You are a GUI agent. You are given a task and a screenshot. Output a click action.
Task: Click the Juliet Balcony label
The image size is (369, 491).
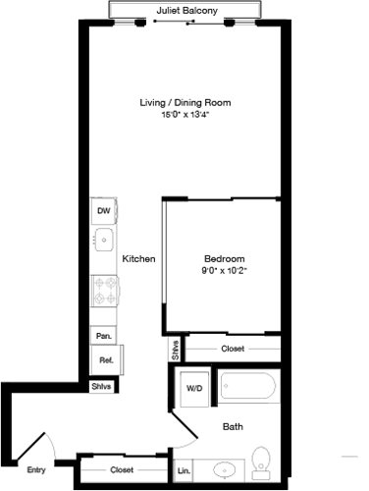[186, 12]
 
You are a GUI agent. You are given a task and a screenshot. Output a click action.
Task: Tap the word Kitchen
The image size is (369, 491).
[138, 259]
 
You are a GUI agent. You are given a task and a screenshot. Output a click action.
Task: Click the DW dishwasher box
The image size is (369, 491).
[103, 210]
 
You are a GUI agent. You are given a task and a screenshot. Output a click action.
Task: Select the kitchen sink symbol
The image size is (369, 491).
[102, 239]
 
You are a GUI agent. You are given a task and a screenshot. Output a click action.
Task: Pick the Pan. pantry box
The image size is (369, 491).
[102, 336]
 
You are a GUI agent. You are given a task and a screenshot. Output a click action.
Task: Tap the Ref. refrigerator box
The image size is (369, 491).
[104, 360]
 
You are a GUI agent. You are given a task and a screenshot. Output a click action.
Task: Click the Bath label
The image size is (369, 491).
[233, 427]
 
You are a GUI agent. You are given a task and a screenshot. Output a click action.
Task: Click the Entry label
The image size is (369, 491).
[36, 469]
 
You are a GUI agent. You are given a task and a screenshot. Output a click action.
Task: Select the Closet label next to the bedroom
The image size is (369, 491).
[233, 348]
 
